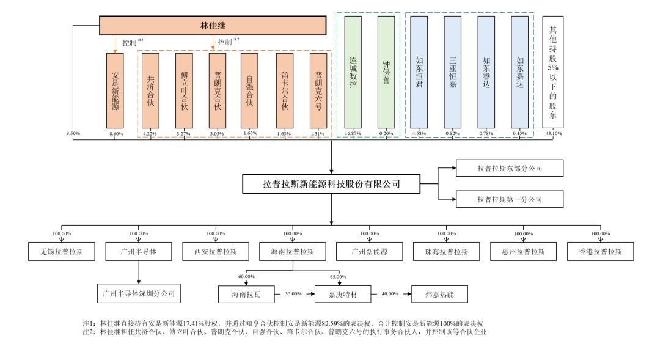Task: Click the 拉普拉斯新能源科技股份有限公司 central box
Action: [x=331, y=183]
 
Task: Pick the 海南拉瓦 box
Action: [x=245, y=294]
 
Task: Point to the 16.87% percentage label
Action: [x=353, y=133]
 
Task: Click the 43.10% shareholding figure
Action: [x=554, y=133]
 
